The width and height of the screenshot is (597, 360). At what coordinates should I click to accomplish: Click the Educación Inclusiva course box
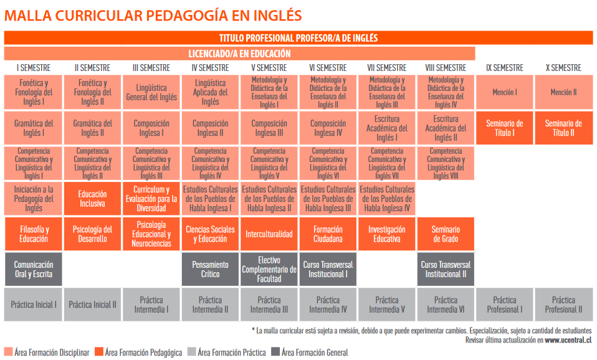tap(92, 199)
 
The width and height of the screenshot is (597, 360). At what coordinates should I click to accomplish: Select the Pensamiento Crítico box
tap(210, 269)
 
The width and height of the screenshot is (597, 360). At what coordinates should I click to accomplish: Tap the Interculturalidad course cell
tap(269, 234)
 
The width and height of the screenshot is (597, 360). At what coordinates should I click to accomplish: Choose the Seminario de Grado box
tap(446, 234)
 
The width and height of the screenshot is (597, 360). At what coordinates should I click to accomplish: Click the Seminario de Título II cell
tap(563, 128)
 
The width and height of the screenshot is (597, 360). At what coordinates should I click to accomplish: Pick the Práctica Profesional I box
tap(504, 305)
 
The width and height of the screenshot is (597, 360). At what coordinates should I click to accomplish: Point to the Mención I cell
tap(504, 92)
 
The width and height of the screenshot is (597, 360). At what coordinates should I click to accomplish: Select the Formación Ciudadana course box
tap(328, 234)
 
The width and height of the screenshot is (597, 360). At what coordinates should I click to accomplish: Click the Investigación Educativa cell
tap(386, 234)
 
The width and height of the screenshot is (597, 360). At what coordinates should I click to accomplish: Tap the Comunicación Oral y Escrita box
tap(34, 269)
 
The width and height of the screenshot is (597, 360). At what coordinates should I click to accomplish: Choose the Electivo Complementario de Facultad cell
tap(269, 269)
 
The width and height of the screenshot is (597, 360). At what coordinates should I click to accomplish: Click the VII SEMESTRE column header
tap(386, 68)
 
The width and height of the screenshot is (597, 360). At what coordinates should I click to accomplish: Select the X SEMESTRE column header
tap(563, 68)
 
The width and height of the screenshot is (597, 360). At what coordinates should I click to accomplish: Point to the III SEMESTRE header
tap(151, 68)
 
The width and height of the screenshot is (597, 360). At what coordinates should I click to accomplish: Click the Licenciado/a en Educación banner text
tap(239, 54)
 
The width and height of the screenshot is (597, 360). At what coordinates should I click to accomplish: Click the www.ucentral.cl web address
tap(568, 340)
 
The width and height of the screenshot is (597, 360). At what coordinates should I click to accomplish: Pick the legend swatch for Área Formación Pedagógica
tap(99, 353)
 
